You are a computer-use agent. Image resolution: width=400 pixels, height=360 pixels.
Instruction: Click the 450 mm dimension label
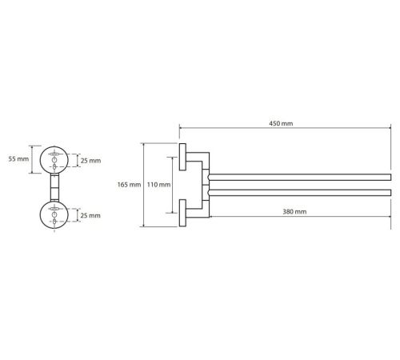281,123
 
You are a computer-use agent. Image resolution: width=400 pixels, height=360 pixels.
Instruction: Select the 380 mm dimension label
294,212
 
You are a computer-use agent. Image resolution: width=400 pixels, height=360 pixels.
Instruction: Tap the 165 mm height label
129,185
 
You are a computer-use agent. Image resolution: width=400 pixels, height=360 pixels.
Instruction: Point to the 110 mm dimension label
158,185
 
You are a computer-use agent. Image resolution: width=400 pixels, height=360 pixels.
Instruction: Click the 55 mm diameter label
18,159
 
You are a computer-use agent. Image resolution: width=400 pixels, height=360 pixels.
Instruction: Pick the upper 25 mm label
90,161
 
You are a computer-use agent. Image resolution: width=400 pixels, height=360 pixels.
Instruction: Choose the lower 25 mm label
90,215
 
